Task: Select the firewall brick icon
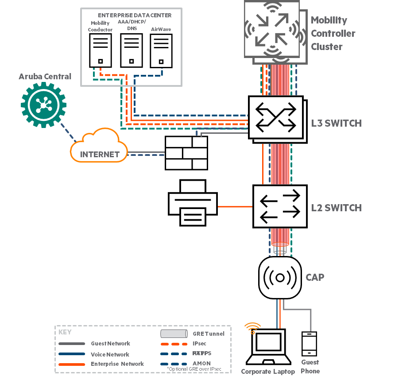click(x=186, y=153)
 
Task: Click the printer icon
click(x=193, y=203)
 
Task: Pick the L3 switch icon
click(x=276, y=118)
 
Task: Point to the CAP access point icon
click(x=280, y=278)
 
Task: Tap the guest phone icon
click(x=309, y=344)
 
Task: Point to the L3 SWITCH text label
click(x=336, y=124)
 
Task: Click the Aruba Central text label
click(x=45, y=77)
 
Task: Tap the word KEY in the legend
click(x=65, y=332)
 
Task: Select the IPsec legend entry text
click(x=200, y=344)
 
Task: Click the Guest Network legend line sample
click(x=71, y=344)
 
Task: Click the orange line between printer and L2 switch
click(x=235, y=207)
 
